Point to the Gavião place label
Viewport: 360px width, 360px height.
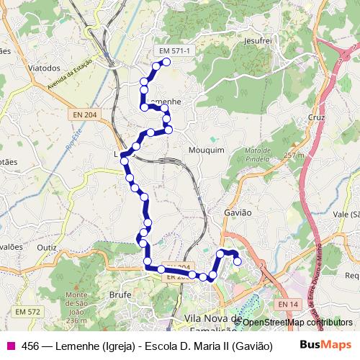click(238, 212)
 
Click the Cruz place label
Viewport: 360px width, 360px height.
click(317, 117)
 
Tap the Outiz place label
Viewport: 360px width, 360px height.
click(47, 246)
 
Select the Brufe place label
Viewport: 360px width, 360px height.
click(120, 294)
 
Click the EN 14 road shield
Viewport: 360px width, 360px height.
click(287, 305)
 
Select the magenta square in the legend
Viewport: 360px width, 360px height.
click(10, 346)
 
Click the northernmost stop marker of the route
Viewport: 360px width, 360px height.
click(166, 62)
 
